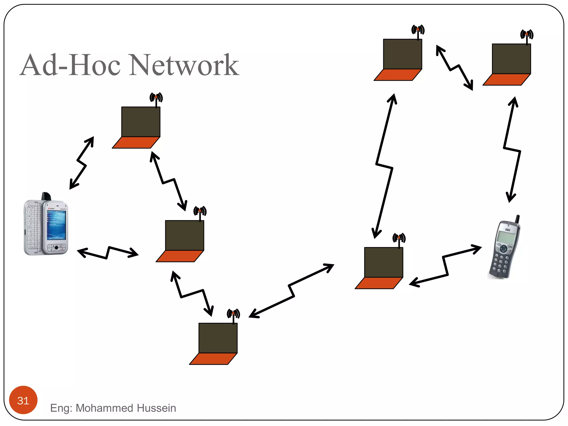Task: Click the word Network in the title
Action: tap(184, 65)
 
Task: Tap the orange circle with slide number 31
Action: tap(23, 400)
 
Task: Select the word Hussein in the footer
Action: tap(156, 408)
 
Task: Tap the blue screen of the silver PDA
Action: tap(57, 225)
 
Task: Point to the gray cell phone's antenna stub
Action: tap(517, 219)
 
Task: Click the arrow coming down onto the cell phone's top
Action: tap(512, 150)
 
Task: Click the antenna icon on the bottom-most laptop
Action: tap(233, 315)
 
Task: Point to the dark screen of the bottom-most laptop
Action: tap(218, 338)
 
